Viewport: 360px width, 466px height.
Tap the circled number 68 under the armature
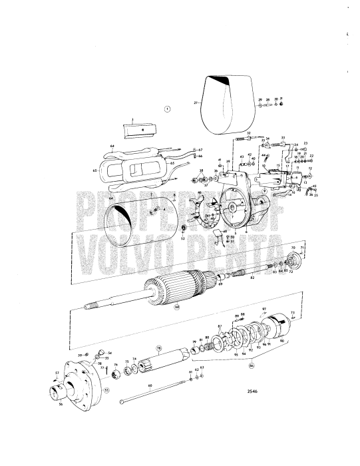pyautogui.click(x=159, y=308)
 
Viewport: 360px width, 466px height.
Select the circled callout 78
pyautogui.click(x=159, y=348)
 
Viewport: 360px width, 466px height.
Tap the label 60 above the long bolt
pyautogui.click(x=150, y=385)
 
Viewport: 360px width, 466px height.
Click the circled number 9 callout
pyautogui.click(x=264, y=190)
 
